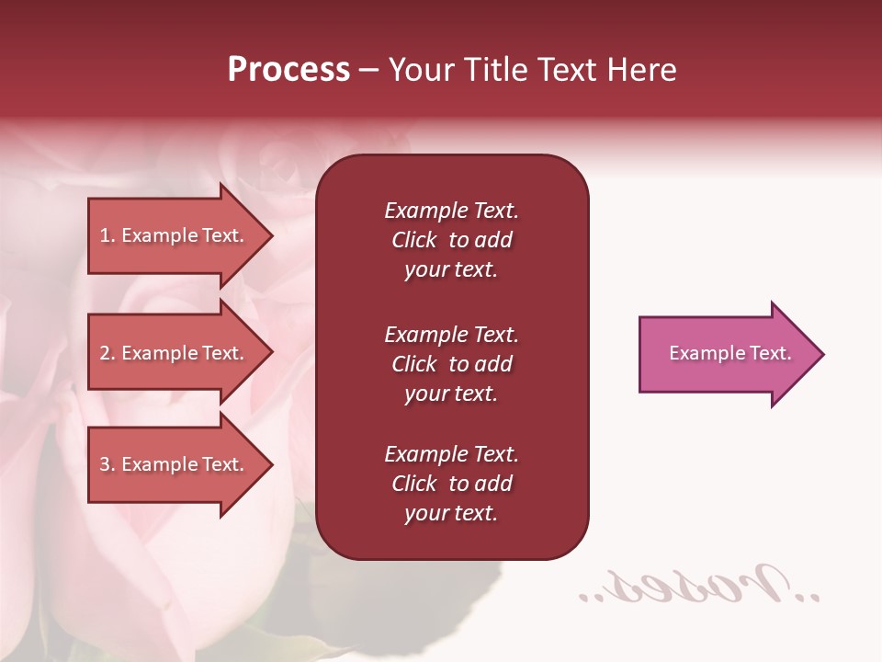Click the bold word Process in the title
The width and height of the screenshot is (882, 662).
288,70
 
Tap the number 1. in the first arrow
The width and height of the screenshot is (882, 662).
107,235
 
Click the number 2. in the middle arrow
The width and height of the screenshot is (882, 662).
107,353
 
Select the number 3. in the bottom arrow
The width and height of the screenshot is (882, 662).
107,464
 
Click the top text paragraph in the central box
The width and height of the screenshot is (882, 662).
451,240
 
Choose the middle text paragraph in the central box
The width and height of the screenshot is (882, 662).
451,364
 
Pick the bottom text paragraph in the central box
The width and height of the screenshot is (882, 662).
451,484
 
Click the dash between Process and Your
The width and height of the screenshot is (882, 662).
369,71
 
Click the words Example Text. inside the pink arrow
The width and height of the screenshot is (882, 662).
730,353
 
